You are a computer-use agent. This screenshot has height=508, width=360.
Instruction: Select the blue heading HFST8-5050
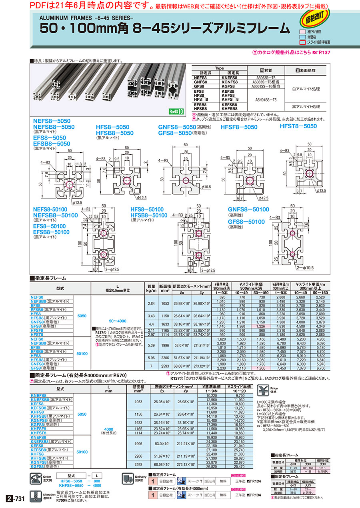[x=298, y=126]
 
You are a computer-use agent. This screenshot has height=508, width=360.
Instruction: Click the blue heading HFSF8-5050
[x=239, y=127]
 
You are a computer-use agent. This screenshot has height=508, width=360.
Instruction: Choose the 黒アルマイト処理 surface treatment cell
[x=306, y=107]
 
